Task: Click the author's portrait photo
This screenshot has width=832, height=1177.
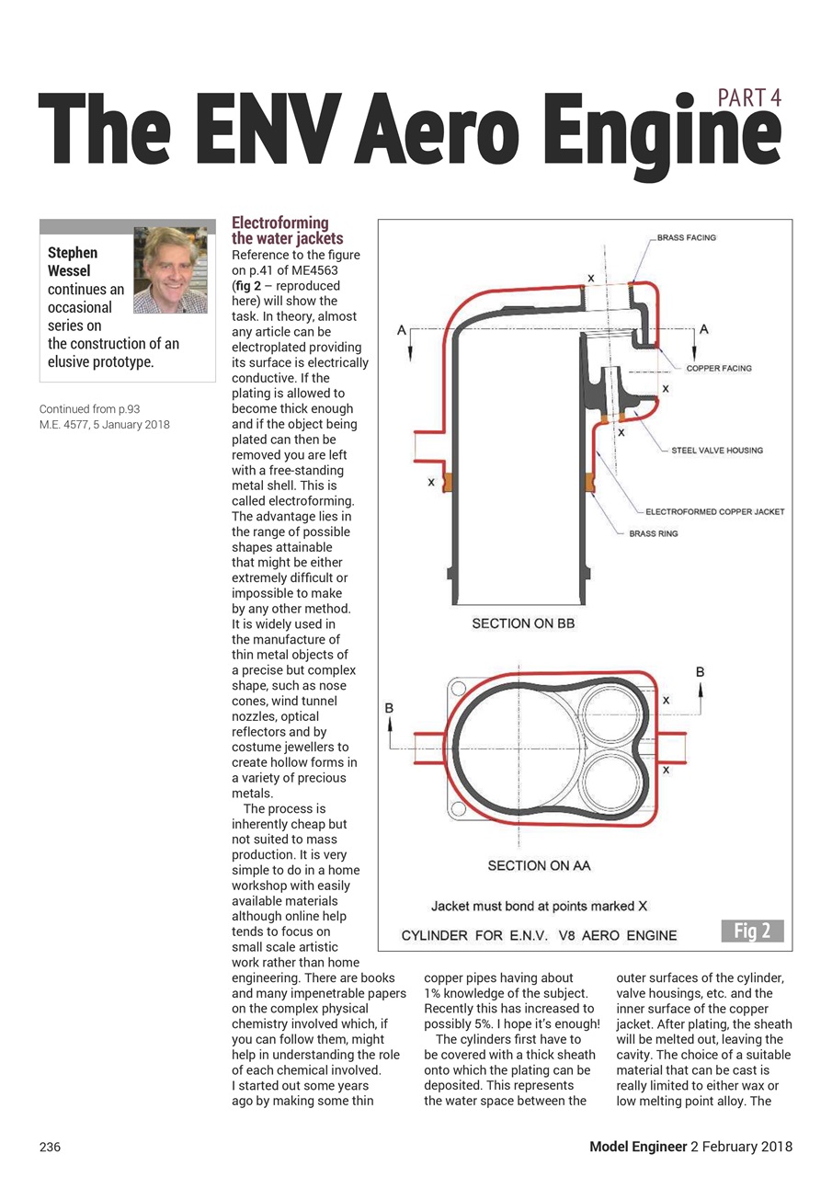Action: point(170,269)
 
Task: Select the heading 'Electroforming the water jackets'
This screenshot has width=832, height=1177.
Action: point(280,231)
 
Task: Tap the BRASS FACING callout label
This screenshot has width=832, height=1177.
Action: point(686,238)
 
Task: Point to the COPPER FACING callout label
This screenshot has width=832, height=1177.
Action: point(719,368)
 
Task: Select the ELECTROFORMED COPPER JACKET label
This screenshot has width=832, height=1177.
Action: point(715,511)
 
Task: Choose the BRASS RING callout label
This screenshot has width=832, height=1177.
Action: point(654,533)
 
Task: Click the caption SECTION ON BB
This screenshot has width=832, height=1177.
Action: point(523,623)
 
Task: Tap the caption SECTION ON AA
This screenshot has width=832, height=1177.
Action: point(539,865)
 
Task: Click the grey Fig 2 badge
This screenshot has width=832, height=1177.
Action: point(752,931)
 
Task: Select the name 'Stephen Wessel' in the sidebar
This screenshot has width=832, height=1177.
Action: point(73,261)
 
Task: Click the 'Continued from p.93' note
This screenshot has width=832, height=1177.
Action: point(89,408)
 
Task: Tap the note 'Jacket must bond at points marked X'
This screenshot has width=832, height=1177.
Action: point(540,907)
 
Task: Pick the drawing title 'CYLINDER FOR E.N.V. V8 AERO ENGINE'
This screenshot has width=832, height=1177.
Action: point(540,936)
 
